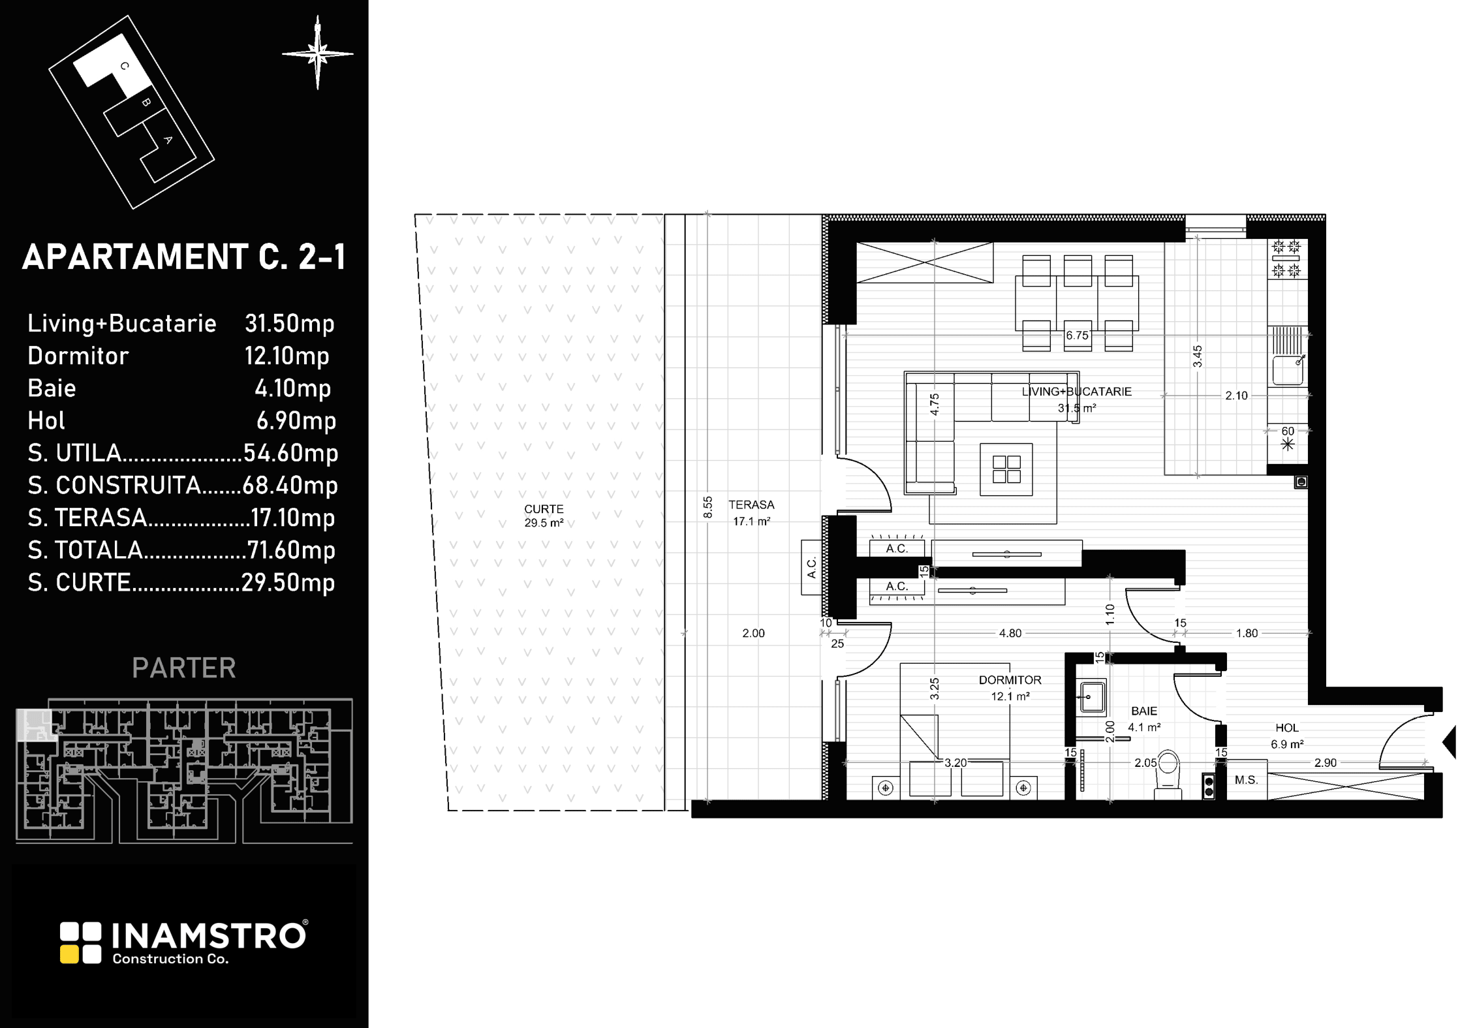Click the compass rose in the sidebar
tap(318, 54)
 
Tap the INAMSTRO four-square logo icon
tap(81, 942)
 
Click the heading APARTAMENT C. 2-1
tap(184, 257)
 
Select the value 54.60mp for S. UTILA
tap(290, 453)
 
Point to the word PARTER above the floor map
tap(184, 668)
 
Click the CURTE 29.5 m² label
tap(544, 516)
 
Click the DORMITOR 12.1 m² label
tap(1010, 688)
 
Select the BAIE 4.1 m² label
tap(1144, 719)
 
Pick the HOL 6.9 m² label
tap(1287, 736)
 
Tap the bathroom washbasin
tap(1091, 697)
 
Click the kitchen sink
tap(1288, 369)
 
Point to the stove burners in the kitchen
tap(1287, 258)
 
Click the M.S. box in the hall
tap(1247, 780)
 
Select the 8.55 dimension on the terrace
tap(708, 507)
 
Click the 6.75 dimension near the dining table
tap(1077, 335)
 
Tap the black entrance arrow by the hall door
tap(1449, 742)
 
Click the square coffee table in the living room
tap(1006, 469)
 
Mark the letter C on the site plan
tap(125, 66)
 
